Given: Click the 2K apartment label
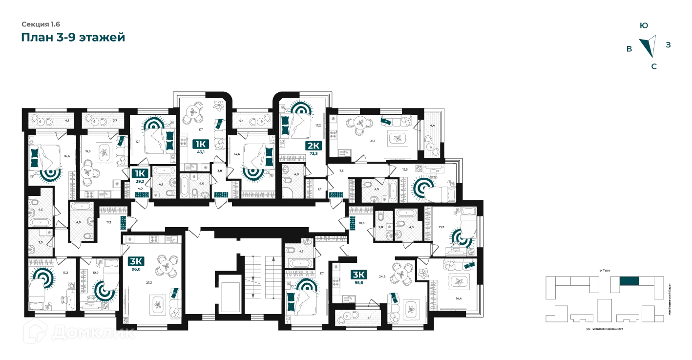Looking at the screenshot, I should point(313,145).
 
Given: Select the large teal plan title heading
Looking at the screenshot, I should point(72,37).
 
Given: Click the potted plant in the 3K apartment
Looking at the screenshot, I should point(422,271).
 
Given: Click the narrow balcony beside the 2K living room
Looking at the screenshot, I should point(432,132).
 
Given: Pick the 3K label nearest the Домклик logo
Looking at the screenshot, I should point(135,261).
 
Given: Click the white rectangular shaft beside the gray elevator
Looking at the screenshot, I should point(228,294).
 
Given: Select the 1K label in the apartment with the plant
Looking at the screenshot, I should point(200,144).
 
